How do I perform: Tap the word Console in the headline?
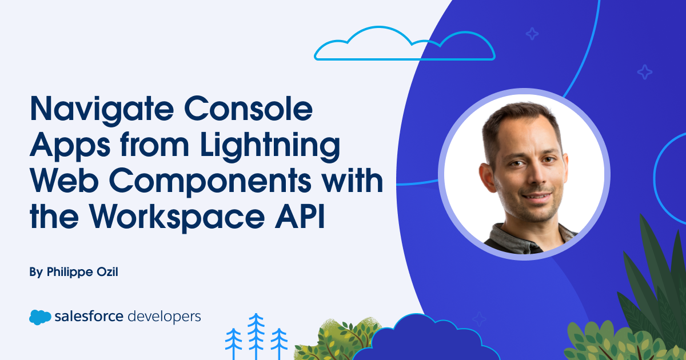pos(248,109)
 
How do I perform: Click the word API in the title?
pos(300,217)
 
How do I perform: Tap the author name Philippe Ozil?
pos(82,272)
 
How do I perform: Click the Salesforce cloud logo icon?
pos(40,317)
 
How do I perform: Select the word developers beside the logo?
pos(164,317)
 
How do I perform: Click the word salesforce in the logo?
pos(89,316)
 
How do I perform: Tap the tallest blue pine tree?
pos(256,336)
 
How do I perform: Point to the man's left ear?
pos(486,178)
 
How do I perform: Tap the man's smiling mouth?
pos(538,197)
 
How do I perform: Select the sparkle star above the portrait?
pos(532,34)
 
